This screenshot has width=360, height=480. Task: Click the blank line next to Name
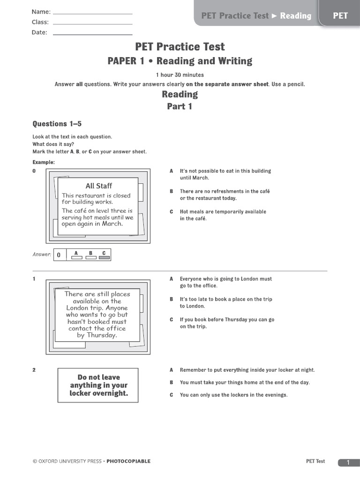(x=93, y=13)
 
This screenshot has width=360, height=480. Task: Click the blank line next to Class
(x=93, y=23)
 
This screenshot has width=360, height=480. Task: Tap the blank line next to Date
(x=93, y=34)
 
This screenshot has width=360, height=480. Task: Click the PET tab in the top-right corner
(x=340, y=15)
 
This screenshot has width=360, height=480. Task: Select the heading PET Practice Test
(x=180, y=46)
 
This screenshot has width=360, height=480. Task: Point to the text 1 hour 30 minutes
(x=180, y=75)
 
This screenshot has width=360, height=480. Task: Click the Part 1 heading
(x=180, y=106)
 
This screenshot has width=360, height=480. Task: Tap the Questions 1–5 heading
(x=57, y=124)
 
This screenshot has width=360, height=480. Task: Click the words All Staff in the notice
(x=99, y=186)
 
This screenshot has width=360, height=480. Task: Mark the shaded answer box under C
(x=104, y=257)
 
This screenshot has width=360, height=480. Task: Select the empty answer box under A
(x=76, y=257)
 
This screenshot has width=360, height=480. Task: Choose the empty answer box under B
(x=90, y=257)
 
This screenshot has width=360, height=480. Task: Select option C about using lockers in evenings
(x=233, y=395)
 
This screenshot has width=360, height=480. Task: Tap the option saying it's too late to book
(x=225, y=302)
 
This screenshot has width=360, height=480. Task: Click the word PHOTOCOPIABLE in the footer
(x=128, y=461)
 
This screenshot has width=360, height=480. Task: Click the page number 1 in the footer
(x=348, y=463)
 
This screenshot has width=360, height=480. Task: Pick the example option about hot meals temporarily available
(x=223, y=215)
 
